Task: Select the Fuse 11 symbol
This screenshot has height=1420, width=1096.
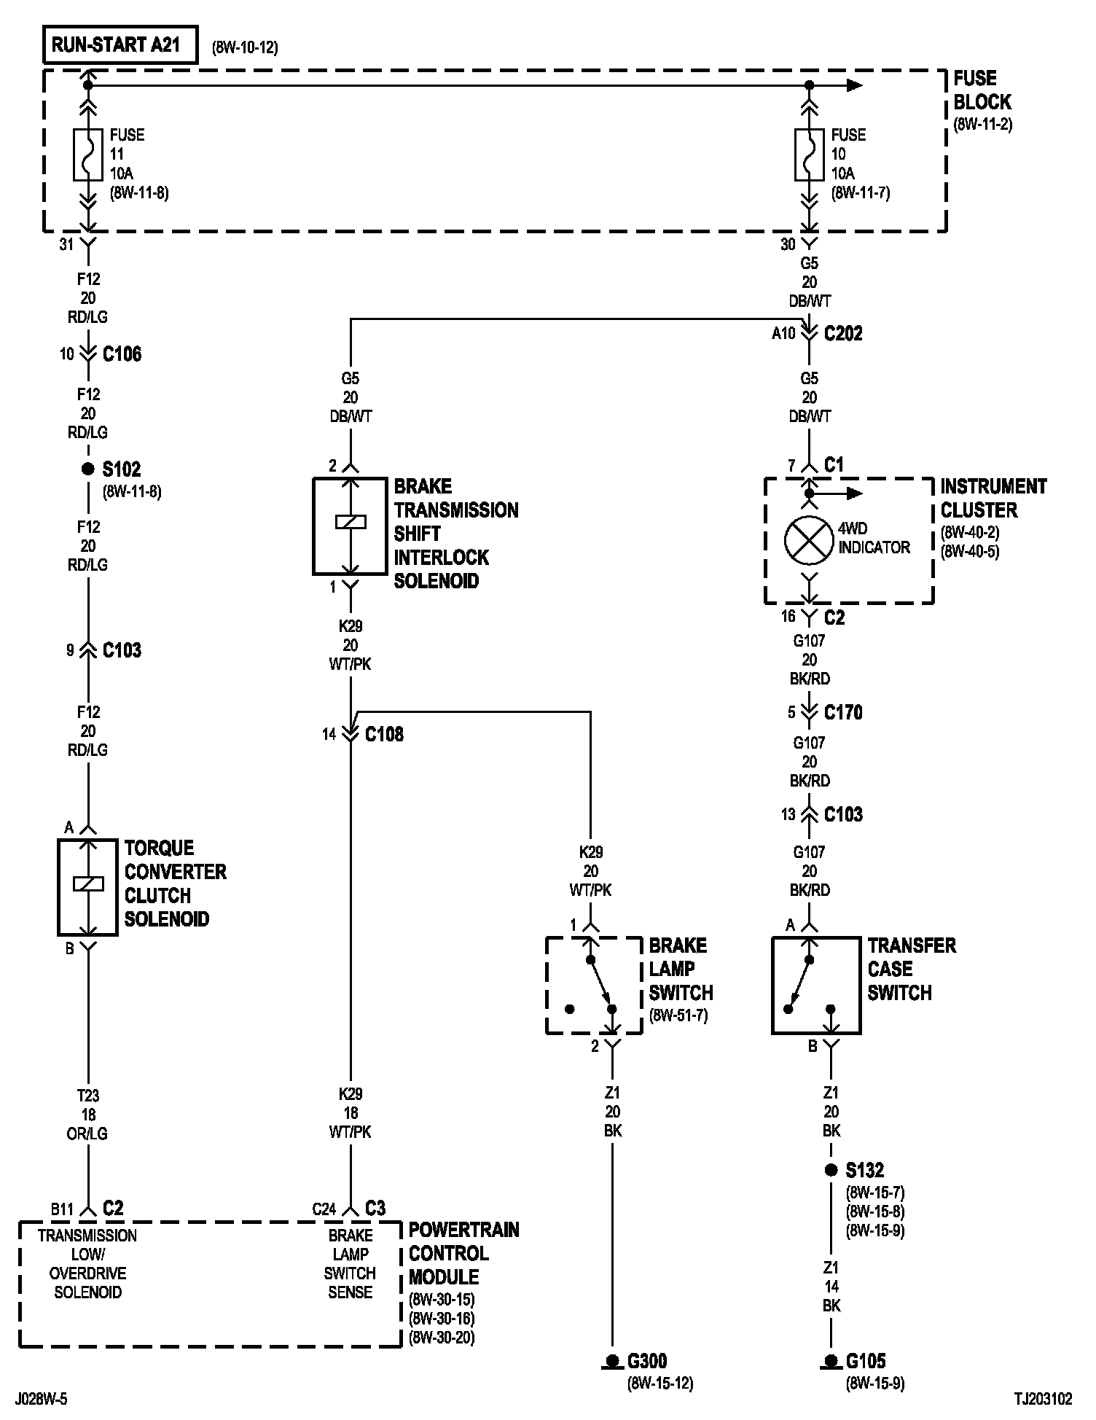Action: (87, 155)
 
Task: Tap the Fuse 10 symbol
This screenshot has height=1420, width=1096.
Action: (809, 155)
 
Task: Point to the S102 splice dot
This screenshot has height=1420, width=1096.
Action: (87, 469)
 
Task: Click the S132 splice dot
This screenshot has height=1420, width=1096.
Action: (831, 1170)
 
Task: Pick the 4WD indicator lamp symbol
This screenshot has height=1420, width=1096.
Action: (809, 540)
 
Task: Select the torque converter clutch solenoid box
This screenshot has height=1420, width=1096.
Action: (87, 887)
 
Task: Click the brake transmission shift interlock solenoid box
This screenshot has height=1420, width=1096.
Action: (350, 526)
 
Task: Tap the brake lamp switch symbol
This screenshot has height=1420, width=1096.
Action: (594, 986)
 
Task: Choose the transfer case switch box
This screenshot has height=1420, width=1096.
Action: (816, 986)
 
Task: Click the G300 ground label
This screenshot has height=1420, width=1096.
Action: (647, 1360)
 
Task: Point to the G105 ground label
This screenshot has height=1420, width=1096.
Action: (866, 1360)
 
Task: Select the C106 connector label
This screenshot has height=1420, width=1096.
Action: (122, 354)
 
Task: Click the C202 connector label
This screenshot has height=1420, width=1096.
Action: (843, 334)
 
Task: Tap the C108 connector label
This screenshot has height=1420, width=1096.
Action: (384, 734)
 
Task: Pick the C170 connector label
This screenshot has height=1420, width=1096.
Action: (843, 712)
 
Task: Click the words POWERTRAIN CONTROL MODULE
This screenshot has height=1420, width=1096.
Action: (464, 1253)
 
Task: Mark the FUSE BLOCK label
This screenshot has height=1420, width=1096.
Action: (982, 90)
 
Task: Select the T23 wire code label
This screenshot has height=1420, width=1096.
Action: (87, 1095)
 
